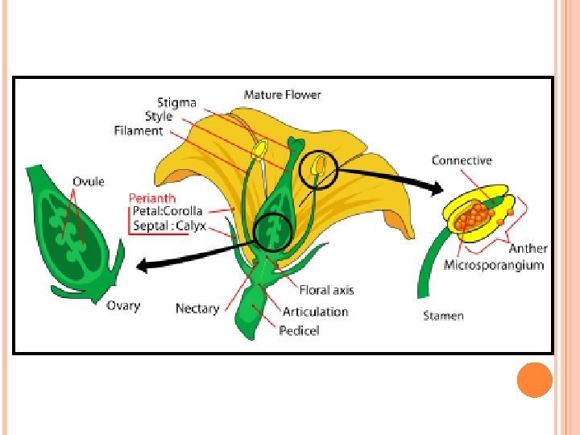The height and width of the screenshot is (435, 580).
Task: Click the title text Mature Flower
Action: [282, 95]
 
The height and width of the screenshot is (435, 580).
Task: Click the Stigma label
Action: [176, 103]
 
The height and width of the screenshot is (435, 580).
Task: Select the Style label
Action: [159, 117]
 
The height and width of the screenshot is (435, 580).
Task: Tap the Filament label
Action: [138, 130]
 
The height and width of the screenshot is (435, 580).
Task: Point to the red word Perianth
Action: [153, 197]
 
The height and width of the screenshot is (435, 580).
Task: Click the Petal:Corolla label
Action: [168, 211]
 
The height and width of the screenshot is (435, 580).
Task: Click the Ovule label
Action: [89, 181]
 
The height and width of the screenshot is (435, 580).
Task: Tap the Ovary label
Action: [123, 306]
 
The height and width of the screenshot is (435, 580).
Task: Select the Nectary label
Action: [197, 309]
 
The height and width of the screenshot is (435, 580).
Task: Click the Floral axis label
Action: [326, 290]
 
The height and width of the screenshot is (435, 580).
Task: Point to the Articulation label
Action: [315, 312]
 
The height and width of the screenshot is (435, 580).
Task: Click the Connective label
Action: [462, 160]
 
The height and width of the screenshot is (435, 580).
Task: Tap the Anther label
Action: [528, 249]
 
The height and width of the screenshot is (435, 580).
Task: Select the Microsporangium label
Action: [494, 264]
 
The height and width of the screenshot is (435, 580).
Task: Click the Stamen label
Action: [443, 316]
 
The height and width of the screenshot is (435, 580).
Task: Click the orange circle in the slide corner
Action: [534, 379]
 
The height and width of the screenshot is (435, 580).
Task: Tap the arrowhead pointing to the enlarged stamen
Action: [437, 189]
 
